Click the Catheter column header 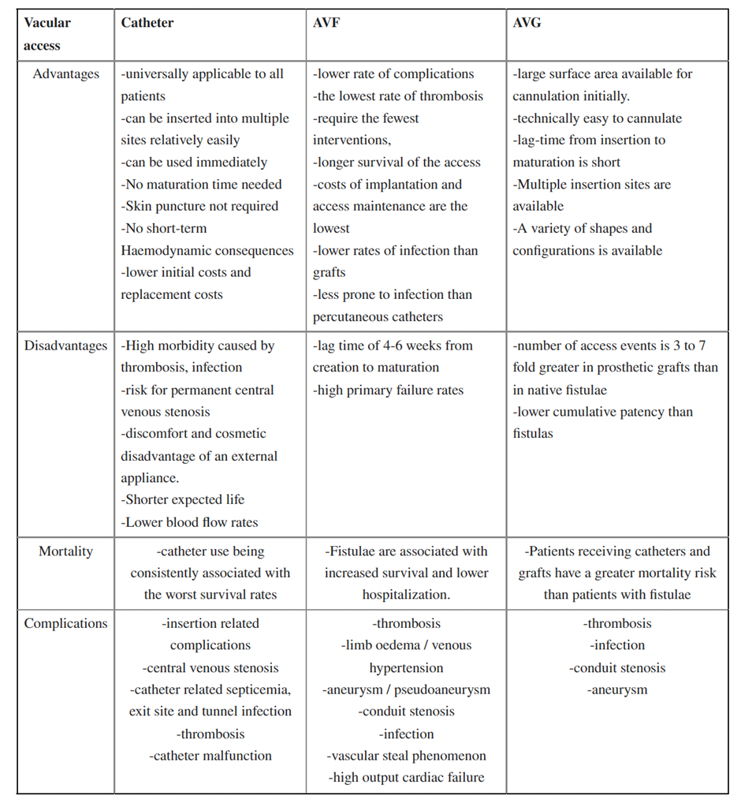click(147, 23)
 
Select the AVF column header click(326, 23)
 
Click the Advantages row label click(66, 74)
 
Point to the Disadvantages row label click(66, 346)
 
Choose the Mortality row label click(66, 551)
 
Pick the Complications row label click(66, 623)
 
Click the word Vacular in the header click(47, 23)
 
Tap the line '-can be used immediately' click(194, 163)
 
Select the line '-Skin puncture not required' click(199, 207)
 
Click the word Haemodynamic click(163, 251)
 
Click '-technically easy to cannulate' click(597, 118)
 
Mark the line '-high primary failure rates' click(389, 390)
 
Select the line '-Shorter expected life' click(182, 499)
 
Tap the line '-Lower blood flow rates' click(189, 521)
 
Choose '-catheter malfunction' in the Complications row click(210, 756)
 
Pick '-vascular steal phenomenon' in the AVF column click(406, 756)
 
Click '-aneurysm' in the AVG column click(617, 689)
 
